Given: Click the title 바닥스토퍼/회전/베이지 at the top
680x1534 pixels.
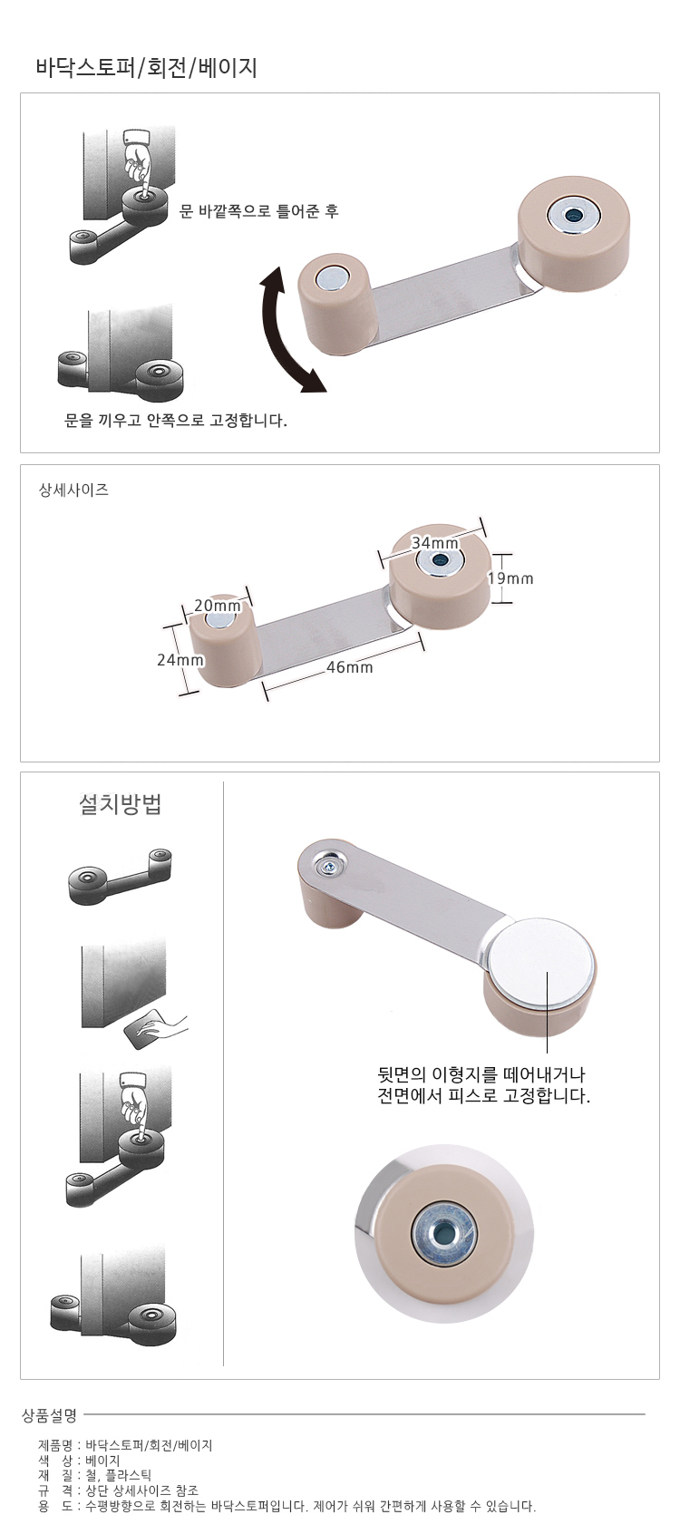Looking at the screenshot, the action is (147, 68).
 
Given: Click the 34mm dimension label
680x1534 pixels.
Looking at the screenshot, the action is (435, 542).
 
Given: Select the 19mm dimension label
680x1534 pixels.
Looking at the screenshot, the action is (510, 578).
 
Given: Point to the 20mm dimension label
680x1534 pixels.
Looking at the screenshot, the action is (217, 606).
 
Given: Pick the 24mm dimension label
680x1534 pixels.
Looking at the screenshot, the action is (180, 659).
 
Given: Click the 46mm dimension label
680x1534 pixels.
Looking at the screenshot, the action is (349, 667).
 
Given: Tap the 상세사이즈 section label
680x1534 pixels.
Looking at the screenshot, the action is (74, 490).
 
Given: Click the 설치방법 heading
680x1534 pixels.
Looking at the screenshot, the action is (120, 803).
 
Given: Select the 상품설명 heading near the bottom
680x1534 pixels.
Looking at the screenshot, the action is (49, 1414).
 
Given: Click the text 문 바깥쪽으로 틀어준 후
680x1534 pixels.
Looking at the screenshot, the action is (258, 211).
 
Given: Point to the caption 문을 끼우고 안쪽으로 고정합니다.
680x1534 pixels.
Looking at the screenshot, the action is (176, 420).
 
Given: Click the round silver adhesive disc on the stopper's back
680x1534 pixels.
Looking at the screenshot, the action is (539, 963).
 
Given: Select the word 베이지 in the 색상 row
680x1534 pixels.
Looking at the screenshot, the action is (102, 1461).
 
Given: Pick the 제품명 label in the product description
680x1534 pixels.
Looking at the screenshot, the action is (55, 1446).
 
